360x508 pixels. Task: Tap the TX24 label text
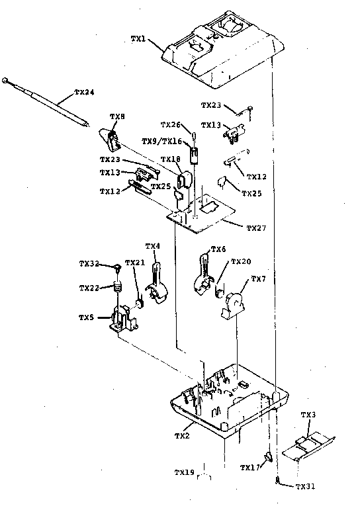tap(84, 91)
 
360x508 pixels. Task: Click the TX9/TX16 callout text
tap(161, 142)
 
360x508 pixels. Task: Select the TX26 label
tap(171, 125)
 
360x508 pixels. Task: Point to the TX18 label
tap(171, 159)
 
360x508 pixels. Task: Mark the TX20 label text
tap(242, 261)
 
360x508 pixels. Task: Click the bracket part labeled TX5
tap(124, 320)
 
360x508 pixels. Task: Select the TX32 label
tap(89, 264)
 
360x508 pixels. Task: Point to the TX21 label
tap(134, 263)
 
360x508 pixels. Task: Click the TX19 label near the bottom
tap(184, 472)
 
